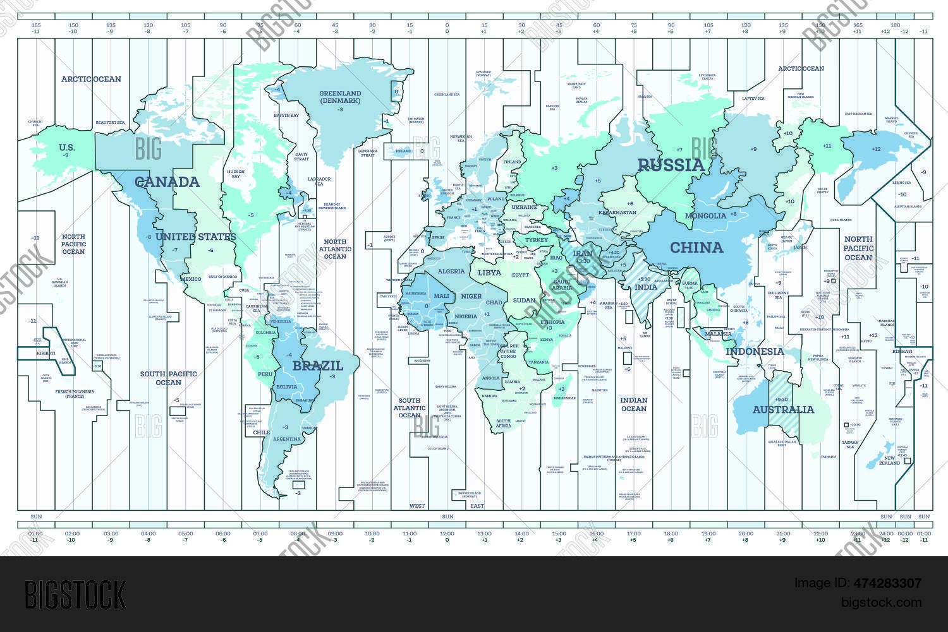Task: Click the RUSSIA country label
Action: click(x=670, y=165)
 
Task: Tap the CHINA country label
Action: click(x=696, y=247)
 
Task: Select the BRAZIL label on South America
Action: click(x=318, y=366)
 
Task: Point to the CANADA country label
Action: click(x=167, y=182)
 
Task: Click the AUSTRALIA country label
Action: click(x=783, y=409)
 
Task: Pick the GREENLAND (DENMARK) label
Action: click(x=340, y=97)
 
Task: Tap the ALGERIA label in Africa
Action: click(x=451, y=271)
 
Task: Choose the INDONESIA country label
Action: click(x=754, y=351)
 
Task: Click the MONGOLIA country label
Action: click(x=706, y=216)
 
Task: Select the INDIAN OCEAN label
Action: click(x=633, y=404)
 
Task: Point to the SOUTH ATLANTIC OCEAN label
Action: click(x=410, y=408)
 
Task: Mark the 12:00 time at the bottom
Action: click(x=447, y=534)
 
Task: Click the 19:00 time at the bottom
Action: click(x=708, y=534)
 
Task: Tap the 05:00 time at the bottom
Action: click(x=186, y=534)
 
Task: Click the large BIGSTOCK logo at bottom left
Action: click(x=75, y=595)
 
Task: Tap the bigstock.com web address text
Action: click(x=881, y=602)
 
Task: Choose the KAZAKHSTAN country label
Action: click(x=617, y=213)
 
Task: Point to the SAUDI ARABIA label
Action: click(x=562, y=284)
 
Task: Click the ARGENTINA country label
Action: click(x=288, y=439)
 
